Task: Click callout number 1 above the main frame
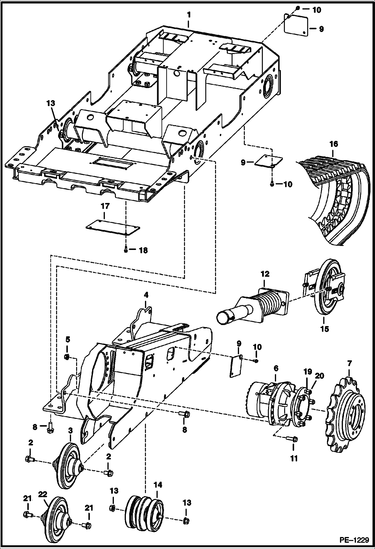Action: point(189,15)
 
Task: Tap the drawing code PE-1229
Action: point(354,540)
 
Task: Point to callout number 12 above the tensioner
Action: point(265,274)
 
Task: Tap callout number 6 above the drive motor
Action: point(276,368)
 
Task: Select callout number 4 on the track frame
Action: point(146,295)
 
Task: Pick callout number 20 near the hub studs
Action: point(319,376)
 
